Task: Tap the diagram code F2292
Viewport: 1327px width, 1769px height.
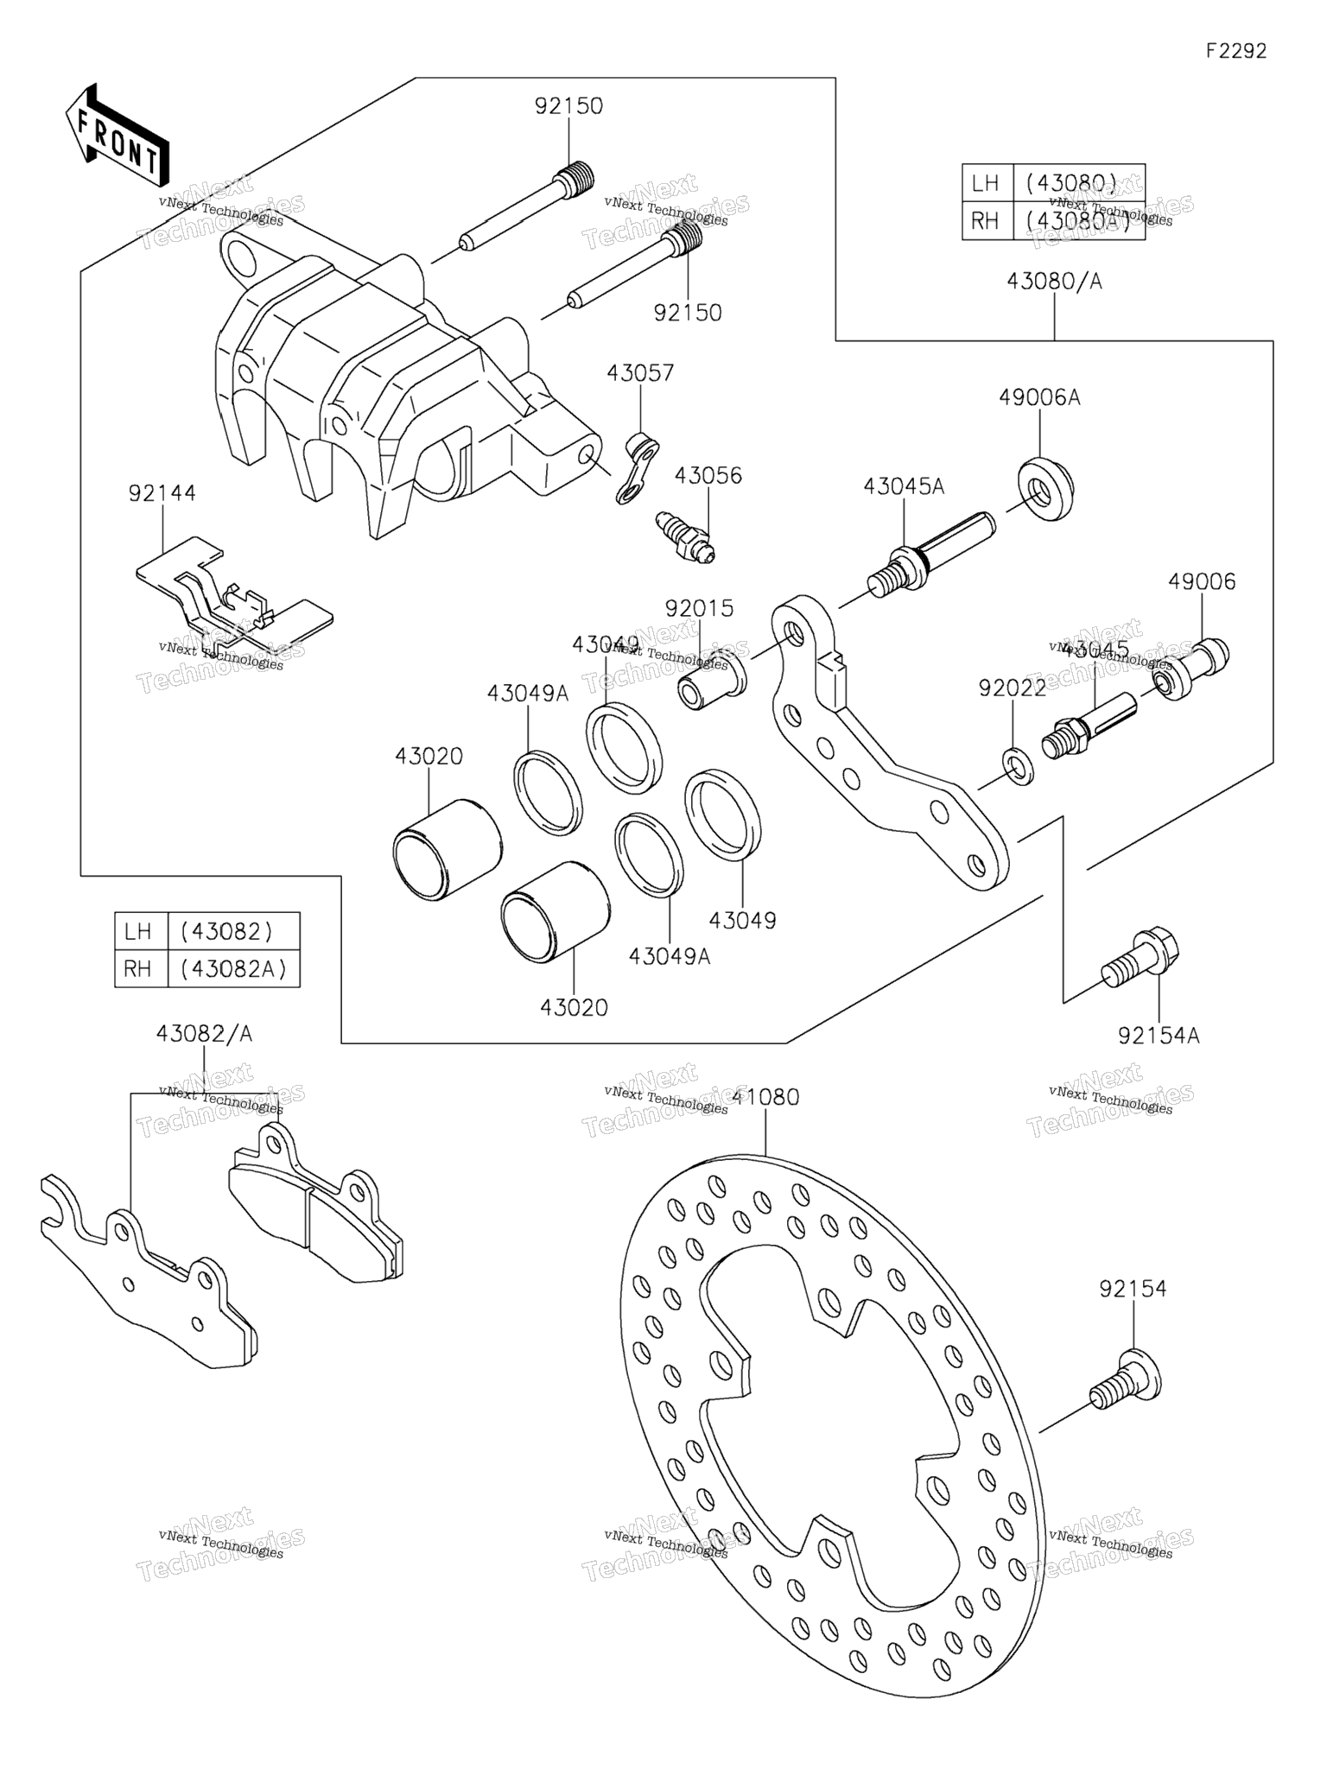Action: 1236,51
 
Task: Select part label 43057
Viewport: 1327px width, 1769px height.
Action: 640,373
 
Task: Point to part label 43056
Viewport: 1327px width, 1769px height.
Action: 708,476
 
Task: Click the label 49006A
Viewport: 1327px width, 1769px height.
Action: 1039,397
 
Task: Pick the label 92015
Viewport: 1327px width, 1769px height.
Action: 699,608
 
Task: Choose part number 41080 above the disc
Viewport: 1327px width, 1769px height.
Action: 765,1097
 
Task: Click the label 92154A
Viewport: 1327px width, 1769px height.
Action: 1159,1035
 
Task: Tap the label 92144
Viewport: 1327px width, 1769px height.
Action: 162,493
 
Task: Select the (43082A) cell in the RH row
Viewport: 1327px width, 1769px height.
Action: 233,969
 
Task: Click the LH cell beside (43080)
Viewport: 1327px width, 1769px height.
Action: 986,183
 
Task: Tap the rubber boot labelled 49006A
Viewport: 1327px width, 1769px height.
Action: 1045,490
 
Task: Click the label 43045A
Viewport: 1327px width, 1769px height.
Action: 904,486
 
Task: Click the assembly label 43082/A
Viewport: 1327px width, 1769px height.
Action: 204,1034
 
